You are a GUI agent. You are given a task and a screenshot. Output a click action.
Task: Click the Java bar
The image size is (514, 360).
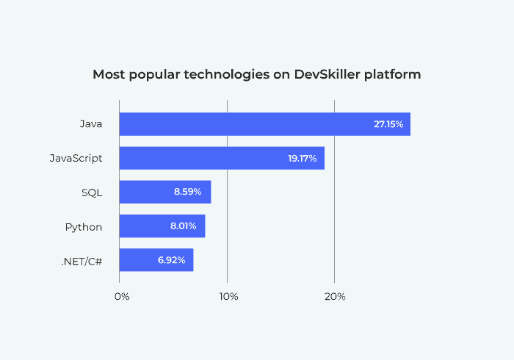pos(264,124)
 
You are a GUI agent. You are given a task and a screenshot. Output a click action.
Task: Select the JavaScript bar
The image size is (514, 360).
pos(221,158)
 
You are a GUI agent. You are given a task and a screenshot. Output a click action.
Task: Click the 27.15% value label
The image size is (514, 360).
pos(388,124)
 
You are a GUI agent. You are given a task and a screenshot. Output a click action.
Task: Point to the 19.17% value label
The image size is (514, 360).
pos(303,158)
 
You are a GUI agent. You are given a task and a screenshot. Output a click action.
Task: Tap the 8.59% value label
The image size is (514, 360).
pos(189,192)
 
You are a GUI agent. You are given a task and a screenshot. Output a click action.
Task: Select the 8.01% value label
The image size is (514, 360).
pos(183,226)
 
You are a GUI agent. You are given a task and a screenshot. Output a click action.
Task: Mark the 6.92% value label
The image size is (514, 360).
pos(171,260)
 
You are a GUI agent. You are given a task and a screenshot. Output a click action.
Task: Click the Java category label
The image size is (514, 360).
pos(91,124)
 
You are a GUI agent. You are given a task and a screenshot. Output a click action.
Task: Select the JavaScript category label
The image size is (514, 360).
pos(76,158)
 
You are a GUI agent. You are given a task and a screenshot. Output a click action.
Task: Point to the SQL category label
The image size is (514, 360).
pos(92,192)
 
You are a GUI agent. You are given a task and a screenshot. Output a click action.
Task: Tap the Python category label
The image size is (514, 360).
pos(84,226)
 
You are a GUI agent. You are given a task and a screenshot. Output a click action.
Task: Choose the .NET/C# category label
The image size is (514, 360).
pos(82,260)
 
